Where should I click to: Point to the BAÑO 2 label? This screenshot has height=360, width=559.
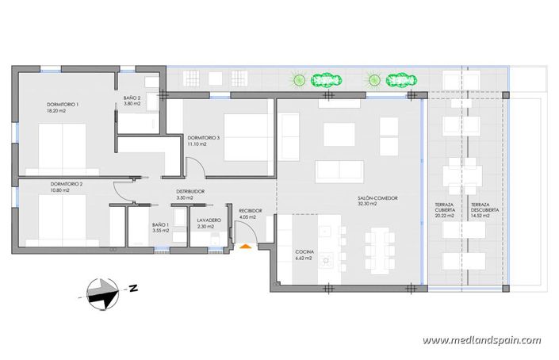pyautogui.click(x=132, y=98)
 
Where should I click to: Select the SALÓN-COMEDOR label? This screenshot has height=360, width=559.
pyautogui.click(x=377, y=198)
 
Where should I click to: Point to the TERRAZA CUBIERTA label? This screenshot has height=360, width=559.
pyautogui.click(x=444, y=208)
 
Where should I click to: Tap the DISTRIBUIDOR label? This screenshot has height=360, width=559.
pyautogui.click(x=190, y=192)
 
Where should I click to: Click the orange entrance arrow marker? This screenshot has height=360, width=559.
pyautogui.click(x=246, y=247)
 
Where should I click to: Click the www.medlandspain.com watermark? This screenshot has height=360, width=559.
pyautogui.click(x=481, y=341)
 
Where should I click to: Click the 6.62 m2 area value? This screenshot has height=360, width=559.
pyautogui.click(x=304, y=259)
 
